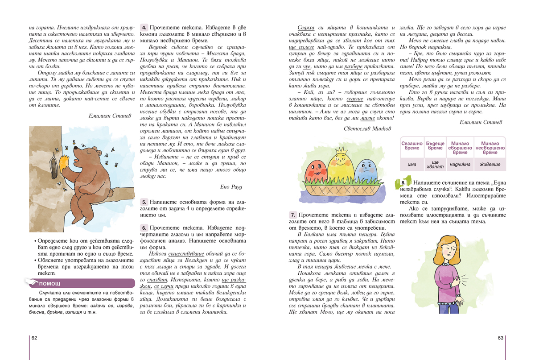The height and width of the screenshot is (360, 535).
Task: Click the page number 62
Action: coord(34,338)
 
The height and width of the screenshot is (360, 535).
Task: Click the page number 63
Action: coord(500,338)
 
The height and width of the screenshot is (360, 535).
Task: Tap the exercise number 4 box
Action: coord(144,27)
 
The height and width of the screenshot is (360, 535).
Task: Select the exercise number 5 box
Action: coord(144,202)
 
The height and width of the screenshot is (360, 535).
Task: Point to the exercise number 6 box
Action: coord(144,227)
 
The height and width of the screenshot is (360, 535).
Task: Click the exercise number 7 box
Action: coord(293,215)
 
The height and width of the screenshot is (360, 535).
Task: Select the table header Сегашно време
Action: coord(412,146)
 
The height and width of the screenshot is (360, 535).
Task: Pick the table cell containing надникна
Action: coord(459,165)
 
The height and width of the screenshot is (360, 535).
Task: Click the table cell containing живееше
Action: coord(490,165)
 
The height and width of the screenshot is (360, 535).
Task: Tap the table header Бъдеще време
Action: coord(435,146)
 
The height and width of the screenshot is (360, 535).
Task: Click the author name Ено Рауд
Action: coord(232,186)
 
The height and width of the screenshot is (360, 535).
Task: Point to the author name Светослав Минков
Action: coord(367,128)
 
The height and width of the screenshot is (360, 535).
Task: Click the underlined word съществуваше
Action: coord(182,253)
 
